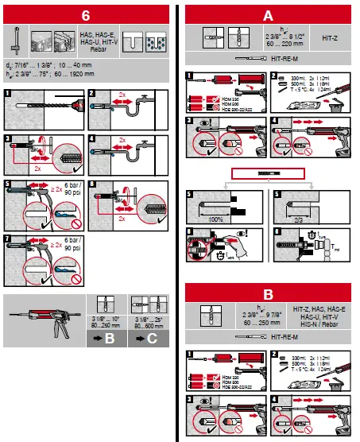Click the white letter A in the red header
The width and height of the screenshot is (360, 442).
(x=269, y=14)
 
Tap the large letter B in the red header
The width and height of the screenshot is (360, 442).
(x=269, y=293)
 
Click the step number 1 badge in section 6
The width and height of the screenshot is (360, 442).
(x=7, y=94)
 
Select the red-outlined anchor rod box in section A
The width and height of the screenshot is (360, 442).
(x=269, y=173)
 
